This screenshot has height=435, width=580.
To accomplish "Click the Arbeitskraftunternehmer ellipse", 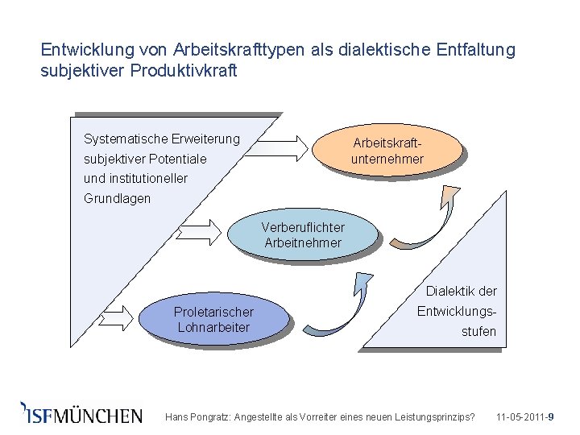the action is (x=387, y=151).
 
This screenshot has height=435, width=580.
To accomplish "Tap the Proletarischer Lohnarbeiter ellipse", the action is (x=213, y=319).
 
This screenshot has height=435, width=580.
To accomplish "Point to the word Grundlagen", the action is (x=117, y=198).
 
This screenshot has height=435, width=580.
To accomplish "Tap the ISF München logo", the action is (x=81, y=413).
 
